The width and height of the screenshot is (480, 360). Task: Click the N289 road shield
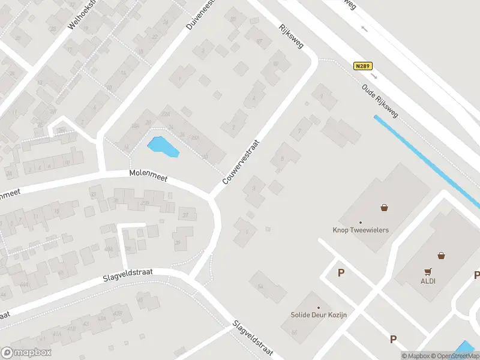(x=362, y=66)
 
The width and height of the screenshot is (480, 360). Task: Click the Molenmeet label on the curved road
(x=148, y=175)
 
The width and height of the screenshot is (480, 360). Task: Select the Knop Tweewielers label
(x=361, y=230)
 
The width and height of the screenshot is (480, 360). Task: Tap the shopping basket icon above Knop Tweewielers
(x=383, y=208)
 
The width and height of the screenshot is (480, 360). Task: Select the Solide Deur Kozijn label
(x=319, y=315)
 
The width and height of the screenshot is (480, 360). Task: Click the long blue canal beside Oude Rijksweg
(x=426, y=162)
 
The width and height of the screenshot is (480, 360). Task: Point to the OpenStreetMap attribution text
(x=454, y=356)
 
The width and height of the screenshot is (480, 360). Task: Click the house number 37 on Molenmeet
(x=186, y=215)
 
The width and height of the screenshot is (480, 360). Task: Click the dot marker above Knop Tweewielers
(x=361, y=222)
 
